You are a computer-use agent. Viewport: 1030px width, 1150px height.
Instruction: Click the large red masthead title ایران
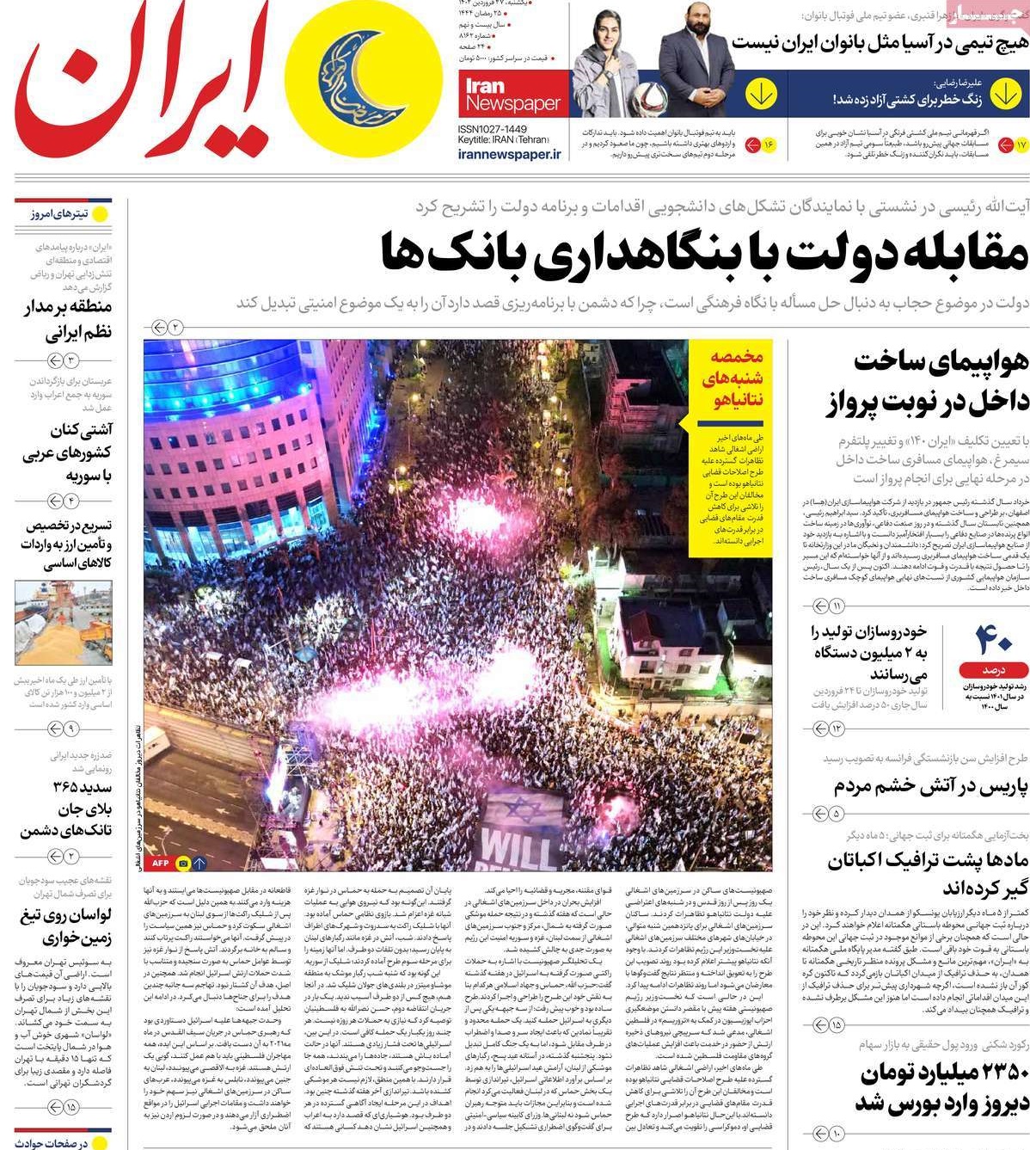coord(138,86)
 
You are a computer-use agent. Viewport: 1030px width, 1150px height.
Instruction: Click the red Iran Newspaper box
coord(513,94)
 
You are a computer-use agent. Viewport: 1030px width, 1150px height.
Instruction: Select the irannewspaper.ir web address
coord(509,154)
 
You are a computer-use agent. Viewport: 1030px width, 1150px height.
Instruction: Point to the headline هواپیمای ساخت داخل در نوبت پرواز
coord(929,383)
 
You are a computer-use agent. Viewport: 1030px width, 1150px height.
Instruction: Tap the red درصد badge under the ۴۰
coord(994,669)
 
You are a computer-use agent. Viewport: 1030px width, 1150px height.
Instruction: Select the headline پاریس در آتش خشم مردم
coord(930,786)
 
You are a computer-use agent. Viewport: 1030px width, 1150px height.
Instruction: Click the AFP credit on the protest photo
coord(161,863)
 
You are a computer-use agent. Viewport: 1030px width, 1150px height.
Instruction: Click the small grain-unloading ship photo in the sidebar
coord(63,623)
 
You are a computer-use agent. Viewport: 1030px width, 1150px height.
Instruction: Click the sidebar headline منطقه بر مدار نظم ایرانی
coord(67,320)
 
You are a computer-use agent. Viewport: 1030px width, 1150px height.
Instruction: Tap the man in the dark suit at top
coord(696,65)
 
